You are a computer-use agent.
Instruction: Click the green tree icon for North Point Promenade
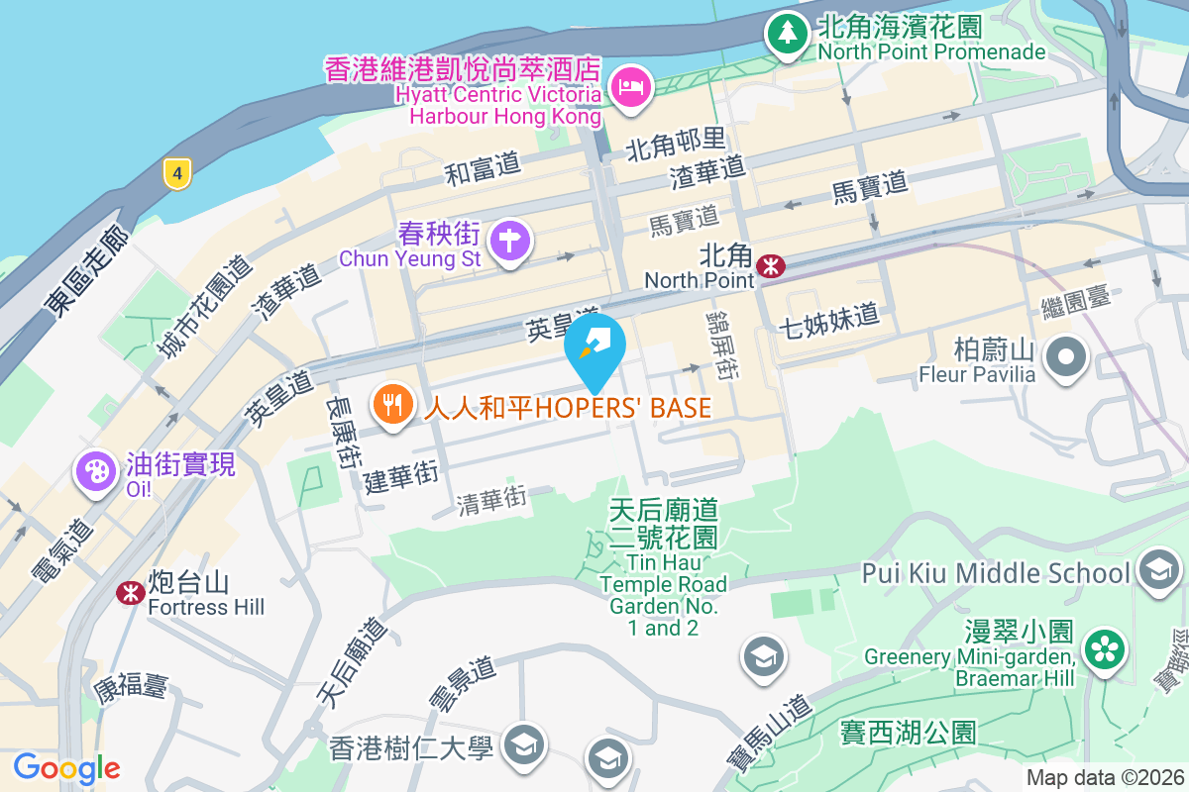click(x=788, y=33)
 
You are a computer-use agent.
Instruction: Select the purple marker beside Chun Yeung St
click(x=510, y=241)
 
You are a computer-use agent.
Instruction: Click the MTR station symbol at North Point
click(x=770, y=265)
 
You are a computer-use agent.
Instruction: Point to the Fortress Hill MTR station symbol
click(x=129, y=592)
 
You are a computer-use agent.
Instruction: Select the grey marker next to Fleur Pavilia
click(x=1066, y=356)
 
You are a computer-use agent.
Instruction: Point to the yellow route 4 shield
click(x=177, y=174)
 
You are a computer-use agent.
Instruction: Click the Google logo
click(x=66, y=767)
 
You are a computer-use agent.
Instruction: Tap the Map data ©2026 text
click(x=1104, y=778)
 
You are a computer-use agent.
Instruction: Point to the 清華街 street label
click(x=491, y=501)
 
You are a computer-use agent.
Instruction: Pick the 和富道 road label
click(x=483, y=168)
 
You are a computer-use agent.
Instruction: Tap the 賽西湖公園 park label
click(x=909, y=733)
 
